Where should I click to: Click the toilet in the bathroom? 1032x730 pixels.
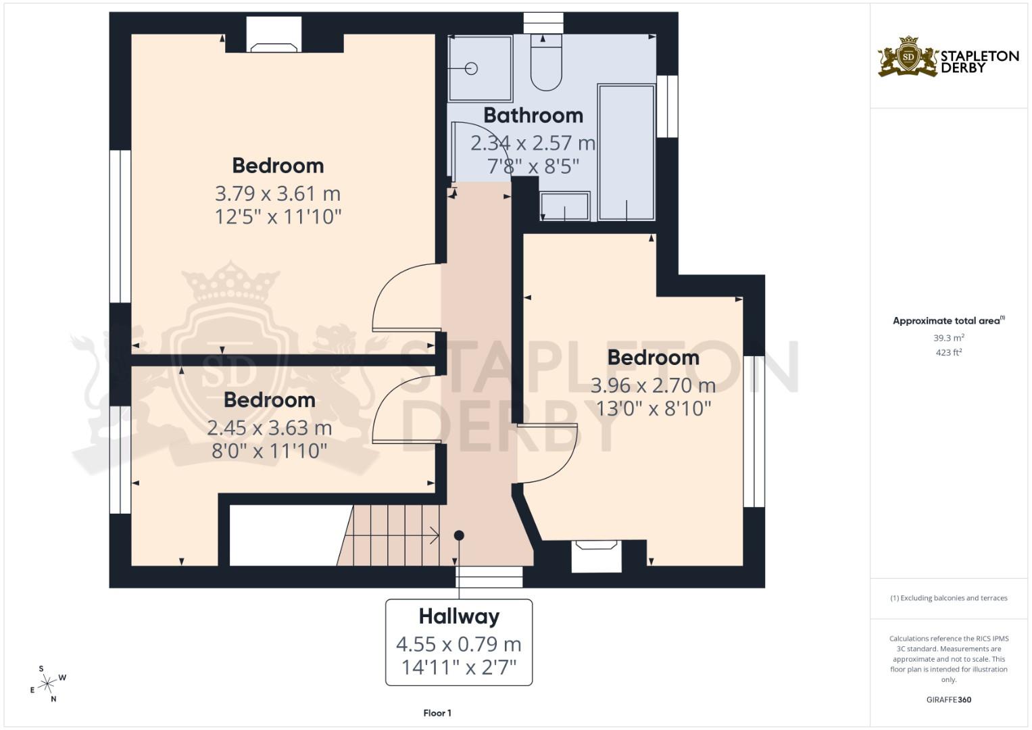[x=545, y=64]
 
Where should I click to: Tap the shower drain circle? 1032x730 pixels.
[x=472, y=68]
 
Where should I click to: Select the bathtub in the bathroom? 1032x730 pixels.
[x=626, y=152]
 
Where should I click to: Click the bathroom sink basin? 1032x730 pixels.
[x=565, y=206]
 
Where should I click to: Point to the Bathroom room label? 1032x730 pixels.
[x=533, y=116]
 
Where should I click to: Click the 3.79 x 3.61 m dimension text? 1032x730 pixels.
[x=277, y=194]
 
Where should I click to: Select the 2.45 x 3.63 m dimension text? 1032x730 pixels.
[x=269, y=428]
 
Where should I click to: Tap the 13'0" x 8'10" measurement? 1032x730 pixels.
[x=653, y=408]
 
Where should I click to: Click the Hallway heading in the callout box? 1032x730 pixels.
[x=459, y=616]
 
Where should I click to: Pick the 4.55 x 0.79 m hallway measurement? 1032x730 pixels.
[x=459, y=644]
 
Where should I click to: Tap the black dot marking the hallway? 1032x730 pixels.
[x=459, y=535]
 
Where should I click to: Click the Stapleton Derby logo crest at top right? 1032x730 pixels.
[x=908, y=57]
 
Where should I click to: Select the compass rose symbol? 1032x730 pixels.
[x=47, y=684]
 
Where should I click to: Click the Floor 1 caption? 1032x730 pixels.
[x=437, y=713]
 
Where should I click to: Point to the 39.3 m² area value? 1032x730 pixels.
[x=948, y=337]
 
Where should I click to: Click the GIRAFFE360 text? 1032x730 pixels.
[x=948, y=700]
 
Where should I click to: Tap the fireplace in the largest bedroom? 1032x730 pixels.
[x=274, y=37]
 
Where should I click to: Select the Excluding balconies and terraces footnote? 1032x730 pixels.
[x=948, y=598]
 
